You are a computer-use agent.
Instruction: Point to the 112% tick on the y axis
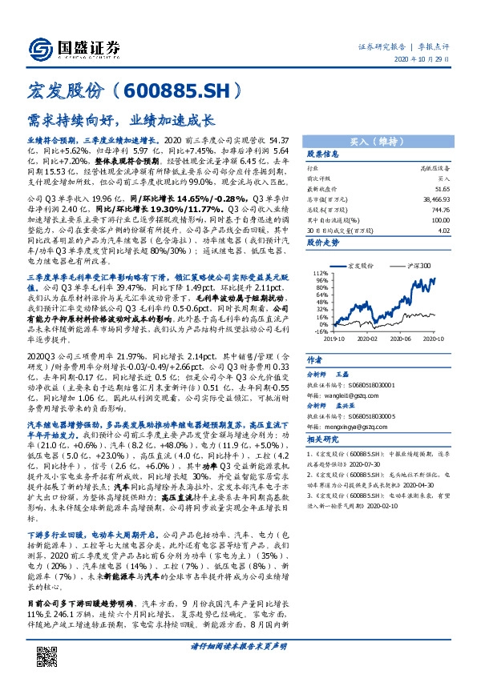point(321,273)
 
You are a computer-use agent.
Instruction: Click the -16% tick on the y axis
point(321,331)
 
